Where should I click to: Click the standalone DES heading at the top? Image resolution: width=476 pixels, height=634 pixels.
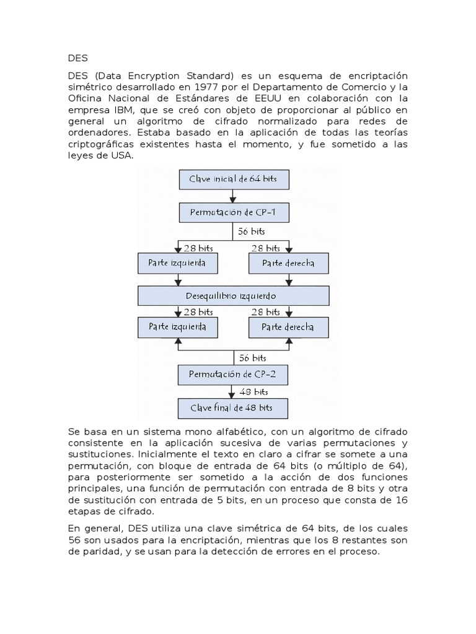(79, 59)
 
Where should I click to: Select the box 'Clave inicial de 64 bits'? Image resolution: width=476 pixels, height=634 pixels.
(233, 180)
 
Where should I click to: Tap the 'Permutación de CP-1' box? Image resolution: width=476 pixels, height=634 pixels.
(233, 214)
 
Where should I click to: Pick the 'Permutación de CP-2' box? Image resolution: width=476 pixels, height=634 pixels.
(233, 375)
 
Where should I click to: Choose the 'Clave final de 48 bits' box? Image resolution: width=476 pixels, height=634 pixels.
(233, 408)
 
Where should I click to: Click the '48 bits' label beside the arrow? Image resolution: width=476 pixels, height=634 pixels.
(253, 391)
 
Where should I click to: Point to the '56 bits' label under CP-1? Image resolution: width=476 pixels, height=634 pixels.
(251, 231)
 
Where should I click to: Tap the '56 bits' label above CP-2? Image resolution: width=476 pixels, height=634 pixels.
(252, 358)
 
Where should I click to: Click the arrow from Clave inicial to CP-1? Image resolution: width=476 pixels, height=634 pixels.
(233, 196)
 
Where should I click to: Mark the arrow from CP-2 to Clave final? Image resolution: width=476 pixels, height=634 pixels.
(233, 391)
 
